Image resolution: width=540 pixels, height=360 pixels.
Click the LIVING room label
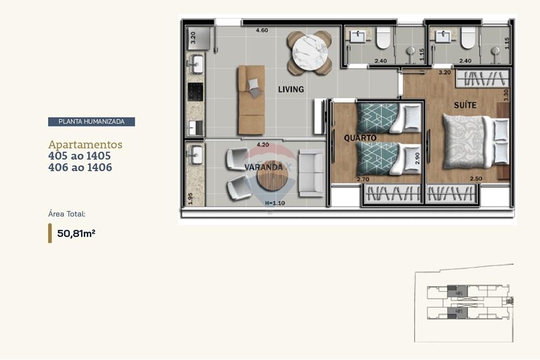(x=291, y=89)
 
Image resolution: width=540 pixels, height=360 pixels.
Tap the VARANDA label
(x=263, y=167)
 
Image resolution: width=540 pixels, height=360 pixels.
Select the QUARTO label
(x=360, y=138)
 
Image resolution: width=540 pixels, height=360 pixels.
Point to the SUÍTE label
(x=465, y=105)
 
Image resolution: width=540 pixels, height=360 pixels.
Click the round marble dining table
(x=309, y=53)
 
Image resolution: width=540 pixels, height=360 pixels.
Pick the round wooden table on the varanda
(x=272, y=181)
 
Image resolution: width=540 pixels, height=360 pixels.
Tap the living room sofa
(x=251, y=100)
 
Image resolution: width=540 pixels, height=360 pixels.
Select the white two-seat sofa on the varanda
(x=311, y=172)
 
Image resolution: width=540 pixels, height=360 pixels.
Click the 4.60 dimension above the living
(x=261, y=30)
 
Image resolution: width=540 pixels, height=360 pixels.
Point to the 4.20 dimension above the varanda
(x=263, y=145)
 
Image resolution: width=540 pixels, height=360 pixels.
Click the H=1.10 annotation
(x=275, y=203)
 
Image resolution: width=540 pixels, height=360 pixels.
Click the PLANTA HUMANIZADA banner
(x=91, y=121)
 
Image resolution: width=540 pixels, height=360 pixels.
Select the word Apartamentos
(x=85, y=145)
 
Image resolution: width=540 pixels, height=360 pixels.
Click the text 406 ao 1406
(x=80, y=167)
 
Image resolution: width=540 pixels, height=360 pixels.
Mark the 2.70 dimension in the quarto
(x=362, y=179)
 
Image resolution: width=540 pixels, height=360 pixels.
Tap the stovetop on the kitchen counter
(x=195, y=92)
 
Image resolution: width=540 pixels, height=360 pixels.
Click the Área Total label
(x=66, y=214)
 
